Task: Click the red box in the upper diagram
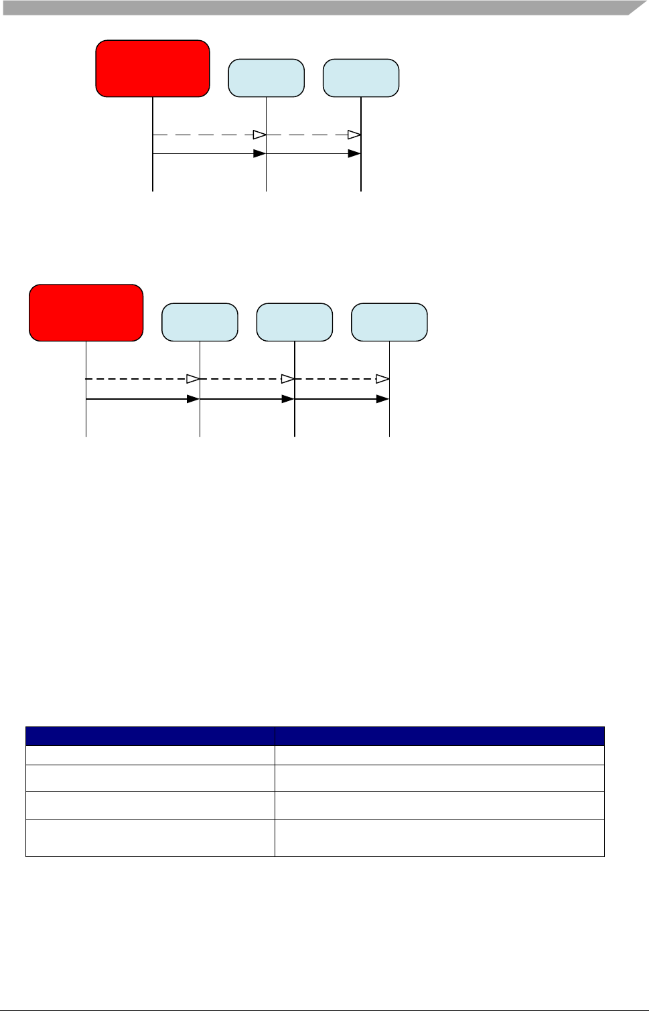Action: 153,68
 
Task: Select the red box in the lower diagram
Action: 86,313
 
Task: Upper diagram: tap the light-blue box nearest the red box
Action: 266,78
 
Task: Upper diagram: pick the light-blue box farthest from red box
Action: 361,78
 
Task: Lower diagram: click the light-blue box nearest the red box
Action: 200,322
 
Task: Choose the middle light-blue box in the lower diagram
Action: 295,322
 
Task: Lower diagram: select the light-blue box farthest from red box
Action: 389,322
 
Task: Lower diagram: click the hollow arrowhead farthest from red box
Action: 382,379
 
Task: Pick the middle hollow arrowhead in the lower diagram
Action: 288,379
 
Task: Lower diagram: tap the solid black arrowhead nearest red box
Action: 193,399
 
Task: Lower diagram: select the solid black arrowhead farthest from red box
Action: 382,399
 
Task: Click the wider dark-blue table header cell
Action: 439,736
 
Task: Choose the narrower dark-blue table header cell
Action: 150,736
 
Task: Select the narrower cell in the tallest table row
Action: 150,838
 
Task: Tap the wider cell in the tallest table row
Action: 439,838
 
